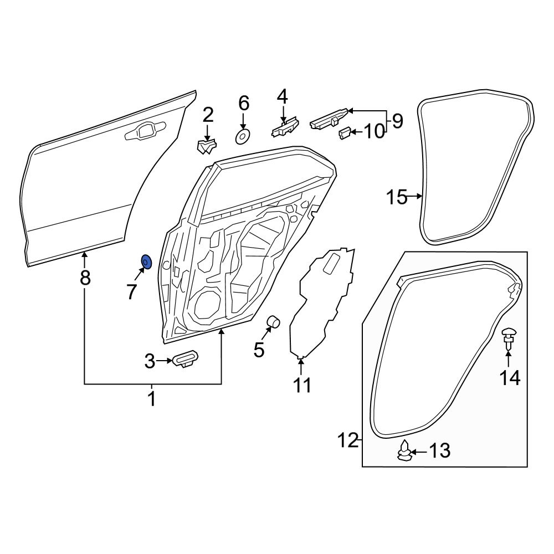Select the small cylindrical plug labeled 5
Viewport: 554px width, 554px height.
pos(274,322)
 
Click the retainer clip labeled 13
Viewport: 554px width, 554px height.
pos(406,451)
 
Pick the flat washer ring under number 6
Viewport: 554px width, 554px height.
pos(243,136)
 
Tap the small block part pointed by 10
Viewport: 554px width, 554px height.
pos(344,132)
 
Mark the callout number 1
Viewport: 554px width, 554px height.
pos(151,399)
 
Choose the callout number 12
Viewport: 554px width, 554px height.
pos(348,441)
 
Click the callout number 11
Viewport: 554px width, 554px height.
pos(302,385)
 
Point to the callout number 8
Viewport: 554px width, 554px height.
pos(85,278)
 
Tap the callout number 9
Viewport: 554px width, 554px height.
pos(397,120)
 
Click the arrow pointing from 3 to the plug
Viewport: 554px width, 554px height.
pos(165,361)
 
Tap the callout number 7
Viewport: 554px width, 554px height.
pos(131,291)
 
